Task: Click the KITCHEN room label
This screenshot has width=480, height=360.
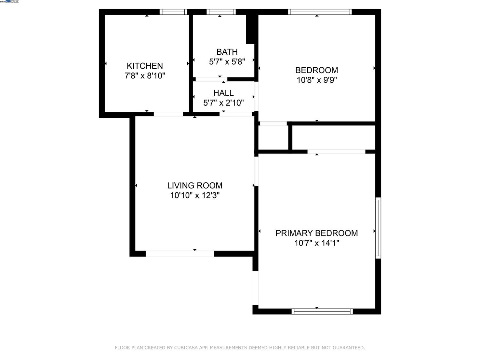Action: (x=145, y=66)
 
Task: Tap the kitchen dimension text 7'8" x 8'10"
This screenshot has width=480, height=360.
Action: (x=145, y=76)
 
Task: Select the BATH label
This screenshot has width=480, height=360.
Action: (x=227, y=52)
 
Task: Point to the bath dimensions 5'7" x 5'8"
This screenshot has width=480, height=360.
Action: (x=227, y=62)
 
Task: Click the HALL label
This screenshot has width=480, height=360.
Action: (x=223, y=93)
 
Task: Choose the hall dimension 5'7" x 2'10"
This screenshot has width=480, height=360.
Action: (x=223, y=103)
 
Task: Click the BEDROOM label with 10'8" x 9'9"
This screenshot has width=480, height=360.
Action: (x=316, y=70)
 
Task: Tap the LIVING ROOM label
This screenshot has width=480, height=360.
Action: (x=195, y=186)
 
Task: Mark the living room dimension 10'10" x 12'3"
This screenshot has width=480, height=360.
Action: (x=195, y=196)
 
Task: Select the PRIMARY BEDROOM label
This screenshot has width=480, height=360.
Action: (x=316, y=233)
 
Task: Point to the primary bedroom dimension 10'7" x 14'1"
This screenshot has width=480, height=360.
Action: (x=316, y=243)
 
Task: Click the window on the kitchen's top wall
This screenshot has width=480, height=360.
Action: (x=173, y=12)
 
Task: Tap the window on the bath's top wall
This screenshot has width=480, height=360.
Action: (x=221, y=12)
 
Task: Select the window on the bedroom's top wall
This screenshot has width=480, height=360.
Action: (x=320, y=12)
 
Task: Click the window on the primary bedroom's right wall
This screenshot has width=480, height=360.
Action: (x=378, y=228)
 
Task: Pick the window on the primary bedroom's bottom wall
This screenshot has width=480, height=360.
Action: (x=322, y=311)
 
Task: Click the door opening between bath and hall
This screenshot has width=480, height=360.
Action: (x=211, y=79)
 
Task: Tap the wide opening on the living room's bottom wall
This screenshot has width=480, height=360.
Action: (x=180, y=254)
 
